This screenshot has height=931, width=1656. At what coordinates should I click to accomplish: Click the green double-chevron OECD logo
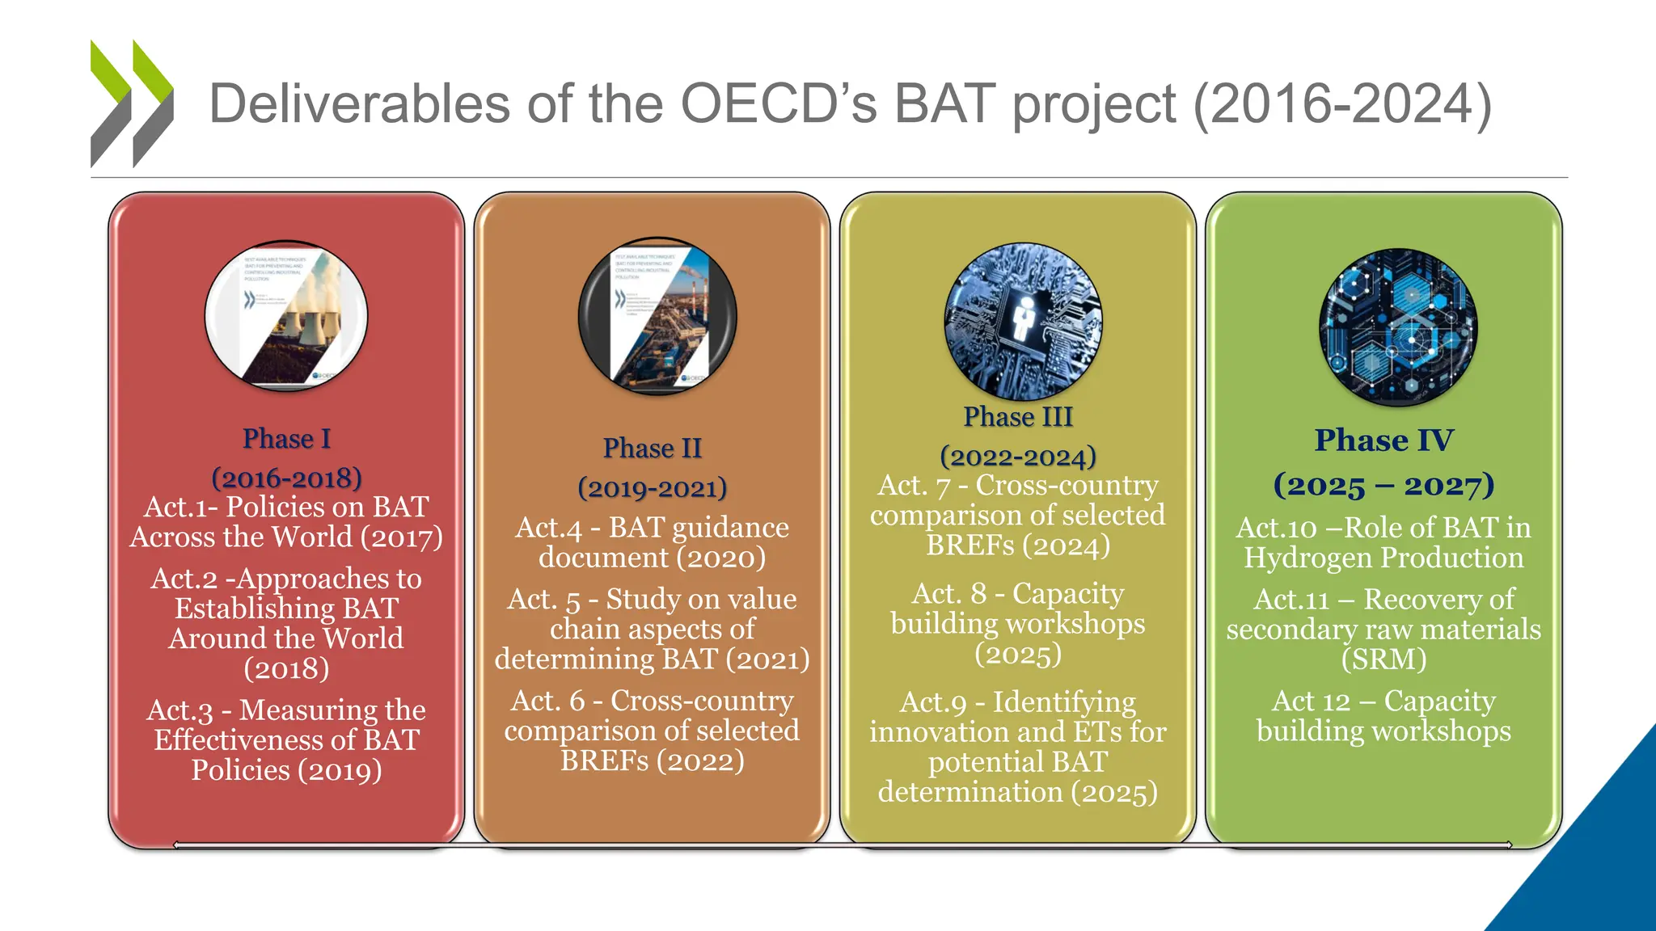click(132, 103)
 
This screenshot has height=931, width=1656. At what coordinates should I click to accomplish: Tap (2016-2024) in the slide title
click(1342, 105)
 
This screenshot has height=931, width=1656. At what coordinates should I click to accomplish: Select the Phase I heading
click(286, 439)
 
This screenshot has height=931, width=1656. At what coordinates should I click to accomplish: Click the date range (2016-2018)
click(286, 478)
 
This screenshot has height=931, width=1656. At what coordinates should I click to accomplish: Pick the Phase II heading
click(652, 449)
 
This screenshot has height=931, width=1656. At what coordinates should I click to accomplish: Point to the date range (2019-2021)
click(652, 488)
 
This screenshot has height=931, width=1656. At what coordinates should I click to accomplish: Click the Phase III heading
click(1017, 417)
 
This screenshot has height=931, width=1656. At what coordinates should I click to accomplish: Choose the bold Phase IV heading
click(1384, 440)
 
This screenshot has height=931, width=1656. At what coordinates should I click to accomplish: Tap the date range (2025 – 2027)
click(1384, 485)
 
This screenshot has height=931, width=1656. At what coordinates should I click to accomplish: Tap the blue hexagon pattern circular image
click(1398, 327)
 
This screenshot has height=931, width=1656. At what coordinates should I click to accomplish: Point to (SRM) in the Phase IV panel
click(1384, 659)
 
